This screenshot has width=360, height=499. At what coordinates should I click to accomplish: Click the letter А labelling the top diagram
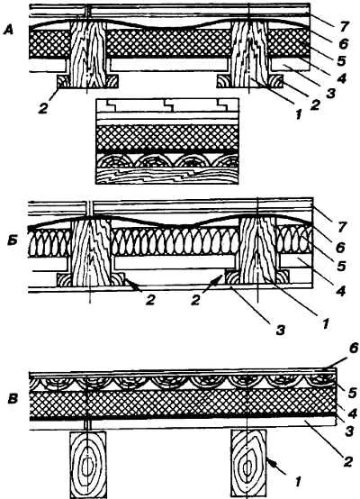click(x=9, y=31)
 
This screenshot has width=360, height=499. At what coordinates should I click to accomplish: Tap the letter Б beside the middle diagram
click(x=13, y=240)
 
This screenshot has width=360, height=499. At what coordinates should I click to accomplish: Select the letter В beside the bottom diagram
click(x=13, y=399)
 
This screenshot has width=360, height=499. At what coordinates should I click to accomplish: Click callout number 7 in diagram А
click(x=342, y=27)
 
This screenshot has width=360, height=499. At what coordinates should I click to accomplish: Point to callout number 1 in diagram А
click(x=298, y=113)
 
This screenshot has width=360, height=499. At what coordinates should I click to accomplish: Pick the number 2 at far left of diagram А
click(x=43, y=108)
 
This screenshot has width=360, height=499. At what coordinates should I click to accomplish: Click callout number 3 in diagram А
click(x=330, y=94)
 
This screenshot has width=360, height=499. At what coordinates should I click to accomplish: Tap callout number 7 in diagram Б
click(x=342, y=227)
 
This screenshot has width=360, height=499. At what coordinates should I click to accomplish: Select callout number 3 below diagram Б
click(x=280, y=331)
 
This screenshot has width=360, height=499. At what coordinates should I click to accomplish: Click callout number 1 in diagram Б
click(x=325, y=324)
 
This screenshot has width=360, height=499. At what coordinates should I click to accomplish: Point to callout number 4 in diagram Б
click(x=340, y=291)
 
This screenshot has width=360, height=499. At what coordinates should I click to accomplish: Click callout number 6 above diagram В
click(x=354, y=349)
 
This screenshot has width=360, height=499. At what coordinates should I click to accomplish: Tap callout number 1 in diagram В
click(x=298, y=482)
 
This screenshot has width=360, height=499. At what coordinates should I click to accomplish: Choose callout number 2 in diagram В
click(x=347, y=461)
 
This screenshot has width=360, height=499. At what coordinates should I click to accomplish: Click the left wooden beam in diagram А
click(x=88, y=54)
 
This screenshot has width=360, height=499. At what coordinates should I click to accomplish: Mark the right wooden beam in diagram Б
click(x=257, y=249)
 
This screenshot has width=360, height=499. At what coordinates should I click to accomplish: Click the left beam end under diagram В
click(x=87, y=465)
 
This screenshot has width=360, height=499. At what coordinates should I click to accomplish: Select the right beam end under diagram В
click(x=248, y=465)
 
